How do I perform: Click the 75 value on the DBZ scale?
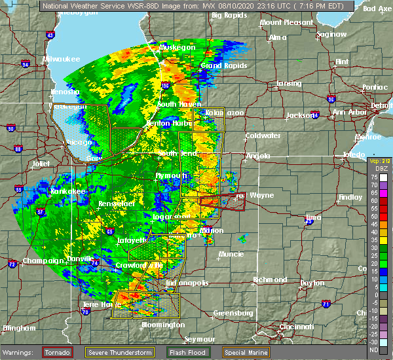(x=374, y=177)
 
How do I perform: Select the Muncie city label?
(x=232, y=253)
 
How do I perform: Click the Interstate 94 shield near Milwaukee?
(x=26, y=64)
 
